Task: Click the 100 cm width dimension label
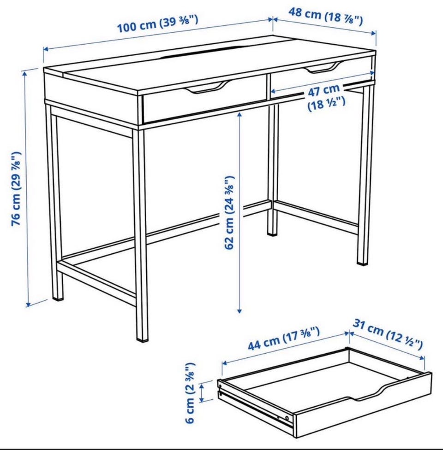(x=157, y=24)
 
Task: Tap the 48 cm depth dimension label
(x=325, y=17)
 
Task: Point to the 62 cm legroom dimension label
(x=229, y=213)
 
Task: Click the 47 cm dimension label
(x=326, y=97)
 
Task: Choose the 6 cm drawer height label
(x=190, y=392)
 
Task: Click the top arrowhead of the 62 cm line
(x=239, y=115)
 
